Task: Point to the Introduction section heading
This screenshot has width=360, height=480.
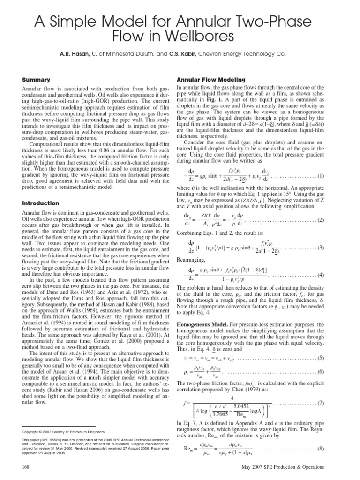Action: coord(40,203)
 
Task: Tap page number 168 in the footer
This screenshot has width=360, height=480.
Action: coord(27,467)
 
